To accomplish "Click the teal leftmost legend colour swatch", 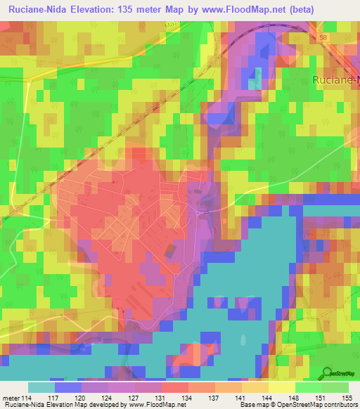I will (41, 387).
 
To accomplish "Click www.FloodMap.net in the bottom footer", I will (153, 405).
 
